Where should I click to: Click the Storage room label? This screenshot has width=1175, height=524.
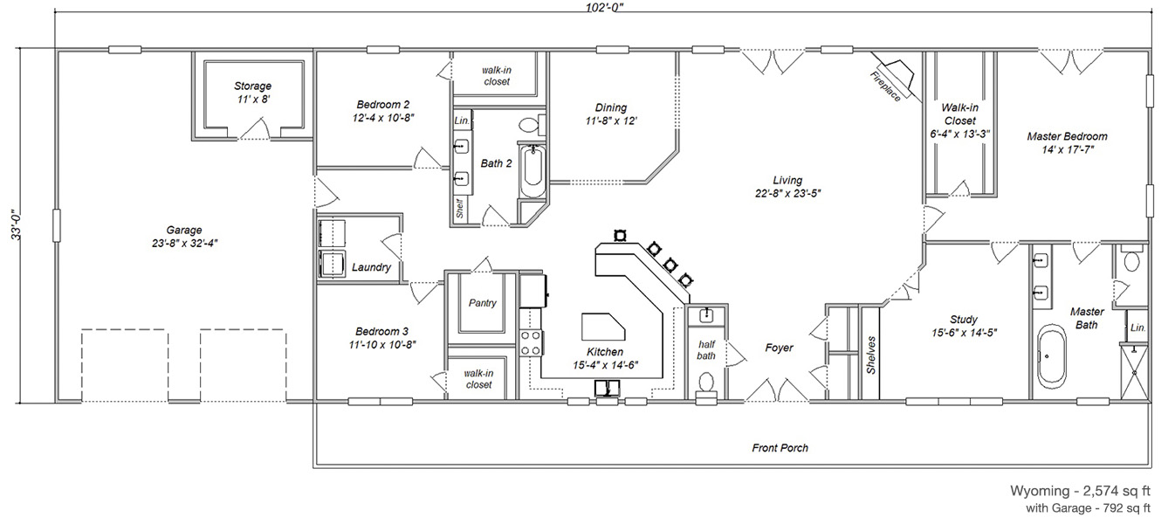pyautogui.click(x=252, y=86)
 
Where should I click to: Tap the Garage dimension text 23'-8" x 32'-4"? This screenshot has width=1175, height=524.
pyautogui.click(x=184, y=243)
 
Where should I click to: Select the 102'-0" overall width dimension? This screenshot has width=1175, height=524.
pyautogui.click(x=605, y=7)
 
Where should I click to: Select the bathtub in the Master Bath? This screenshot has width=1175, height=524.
pyautogui.click(x=1052, y=356)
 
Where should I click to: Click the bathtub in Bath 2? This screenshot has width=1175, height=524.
pyautogui.click(x=533, y=170)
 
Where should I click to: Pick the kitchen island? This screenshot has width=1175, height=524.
pyautogui.click(x=603, y=327)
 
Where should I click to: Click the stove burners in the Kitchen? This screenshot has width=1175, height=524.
pyautogui.click(x=531, y=343)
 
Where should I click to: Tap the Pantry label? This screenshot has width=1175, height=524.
pyautogui.click(x=482, y=303)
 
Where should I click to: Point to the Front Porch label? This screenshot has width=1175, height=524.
pyautogui.click(x=780, y=447)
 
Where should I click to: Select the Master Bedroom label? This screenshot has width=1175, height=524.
pyautogui.click(x=1067, y=136)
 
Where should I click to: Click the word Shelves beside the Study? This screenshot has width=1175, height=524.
pyautogui.click(x=871, y=355)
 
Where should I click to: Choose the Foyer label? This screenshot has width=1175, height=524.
pyautogui.click(x=779, y=348)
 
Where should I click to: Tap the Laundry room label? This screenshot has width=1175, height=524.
pyautogui.click(x=371, y=267)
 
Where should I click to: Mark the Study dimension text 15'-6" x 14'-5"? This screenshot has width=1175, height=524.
pyautogui.click(x=964, y=333)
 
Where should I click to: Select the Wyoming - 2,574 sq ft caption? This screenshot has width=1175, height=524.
pyautogui.click(x=1080, y=491)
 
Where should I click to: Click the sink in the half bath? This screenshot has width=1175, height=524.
pyautogui.click(x=706, y=315)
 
